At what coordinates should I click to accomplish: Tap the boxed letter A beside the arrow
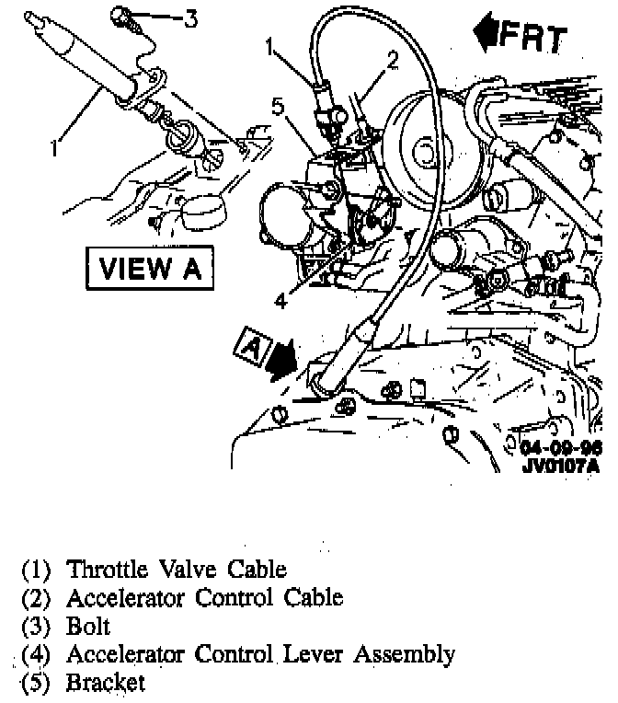point(249,346)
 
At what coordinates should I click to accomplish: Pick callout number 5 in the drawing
point(278,106)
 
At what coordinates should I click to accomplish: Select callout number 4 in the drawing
point(280,298)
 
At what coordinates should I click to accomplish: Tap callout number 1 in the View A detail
point(56,146)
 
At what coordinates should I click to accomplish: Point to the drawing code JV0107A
point(560,465)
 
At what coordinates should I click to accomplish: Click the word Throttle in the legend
point(107,570)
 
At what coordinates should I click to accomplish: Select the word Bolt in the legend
point(88,627)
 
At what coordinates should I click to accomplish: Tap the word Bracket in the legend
point(105,684)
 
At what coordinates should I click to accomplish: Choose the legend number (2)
point(37,598)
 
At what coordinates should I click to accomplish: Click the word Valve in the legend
point(184,570)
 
